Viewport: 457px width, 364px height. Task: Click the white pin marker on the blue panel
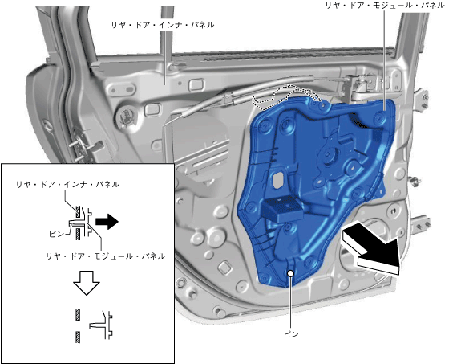(x=290, y=273)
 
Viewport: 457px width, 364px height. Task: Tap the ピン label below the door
(x=291, y=334)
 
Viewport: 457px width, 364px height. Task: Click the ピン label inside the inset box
(x=56, y=234)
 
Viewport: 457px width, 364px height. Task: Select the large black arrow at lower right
(x=371, y=248)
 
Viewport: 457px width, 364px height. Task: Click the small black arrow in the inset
(x=107, y=222)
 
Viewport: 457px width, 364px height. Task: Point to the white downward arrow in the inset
(x=87, y=283)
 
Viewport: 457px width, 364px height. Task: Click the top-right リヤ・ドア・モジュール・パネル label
(x=385, y=6)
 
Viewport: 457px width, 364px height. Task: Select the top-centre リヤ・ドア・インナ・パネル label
(x=163, y=25)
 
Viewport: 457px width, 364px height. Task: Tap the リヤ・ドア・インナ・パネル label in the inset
(x=67, y=184)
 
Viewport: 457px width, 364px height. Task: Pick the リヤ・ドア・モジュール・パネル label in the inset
(x=106, y=256)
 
